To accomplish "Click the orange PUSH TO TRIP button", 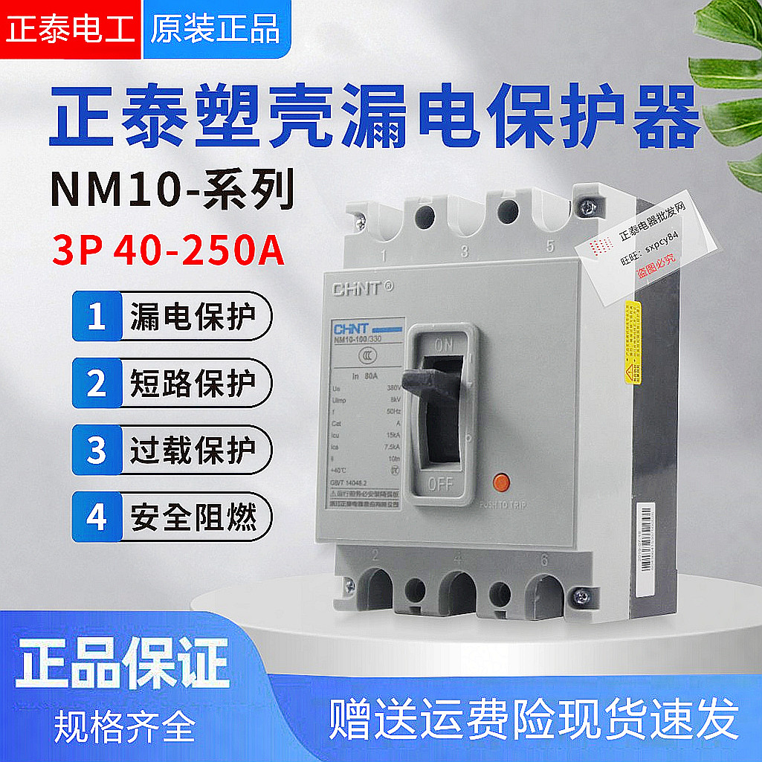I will point(501,481).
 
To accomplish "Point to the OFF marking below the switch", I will point(440,484).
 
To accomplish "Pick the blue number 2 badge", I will point(97,384).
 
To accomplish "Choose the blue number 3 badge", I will point(97,451).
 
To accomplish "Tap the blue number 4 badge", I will point(97,517).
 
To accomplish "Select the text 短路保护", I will point(193,384).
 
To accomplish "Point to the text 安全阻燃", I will point(193,517).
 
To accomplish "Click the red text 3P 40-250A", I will point(168,251).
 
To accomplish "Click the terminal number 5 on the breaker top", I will point(550,248).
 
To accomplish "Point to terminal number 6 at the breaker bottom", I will point(544,560).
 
